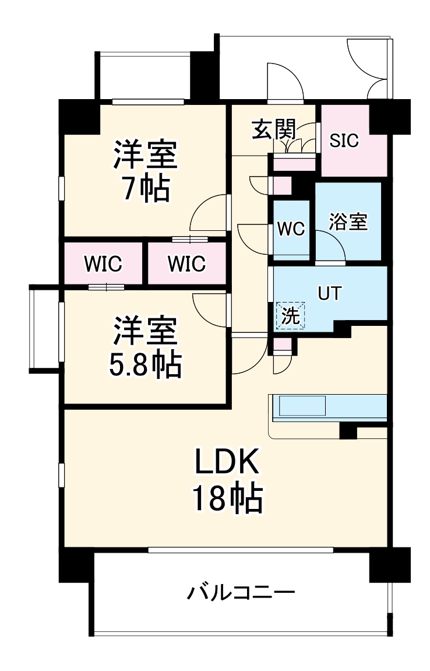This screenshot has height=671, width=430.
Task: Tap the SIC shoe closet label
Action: (345, 140)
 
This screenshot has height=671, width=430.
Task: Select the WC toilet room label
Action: (291, 229)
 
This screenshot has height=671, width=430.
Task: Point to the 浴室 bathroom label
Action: (348, 222)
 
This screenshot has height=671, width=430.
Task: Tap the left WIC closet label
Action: (103, 264)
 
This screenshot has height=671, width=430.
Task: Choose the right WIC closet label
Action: (187, 264)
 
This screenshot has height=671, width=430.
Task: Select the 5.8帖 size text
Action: (145, 364)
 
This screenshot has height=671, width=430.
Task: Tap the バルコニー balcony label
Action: (241, 593)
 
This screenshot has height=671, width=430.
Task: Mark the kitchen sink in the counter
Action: (302, 406)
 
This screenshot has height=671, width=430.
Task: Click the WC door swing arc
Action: (254, 239)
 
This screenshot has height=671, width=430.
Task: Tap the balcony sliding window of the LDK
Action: (241, 549)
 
